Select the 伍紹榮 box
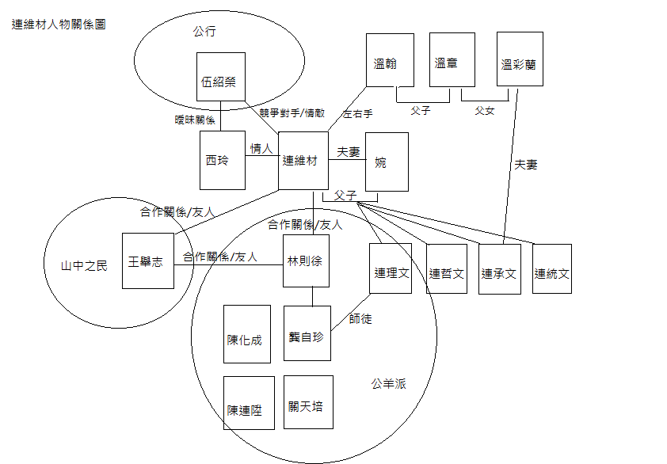point(220,81)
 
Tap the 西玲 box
point(222,161)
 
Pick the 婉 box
point(387,162)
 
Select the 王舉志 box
point(148,261)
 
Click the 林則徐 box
point(306,261)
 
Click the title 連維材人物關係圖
point(59,25)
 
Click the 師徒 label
point(360,319)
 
